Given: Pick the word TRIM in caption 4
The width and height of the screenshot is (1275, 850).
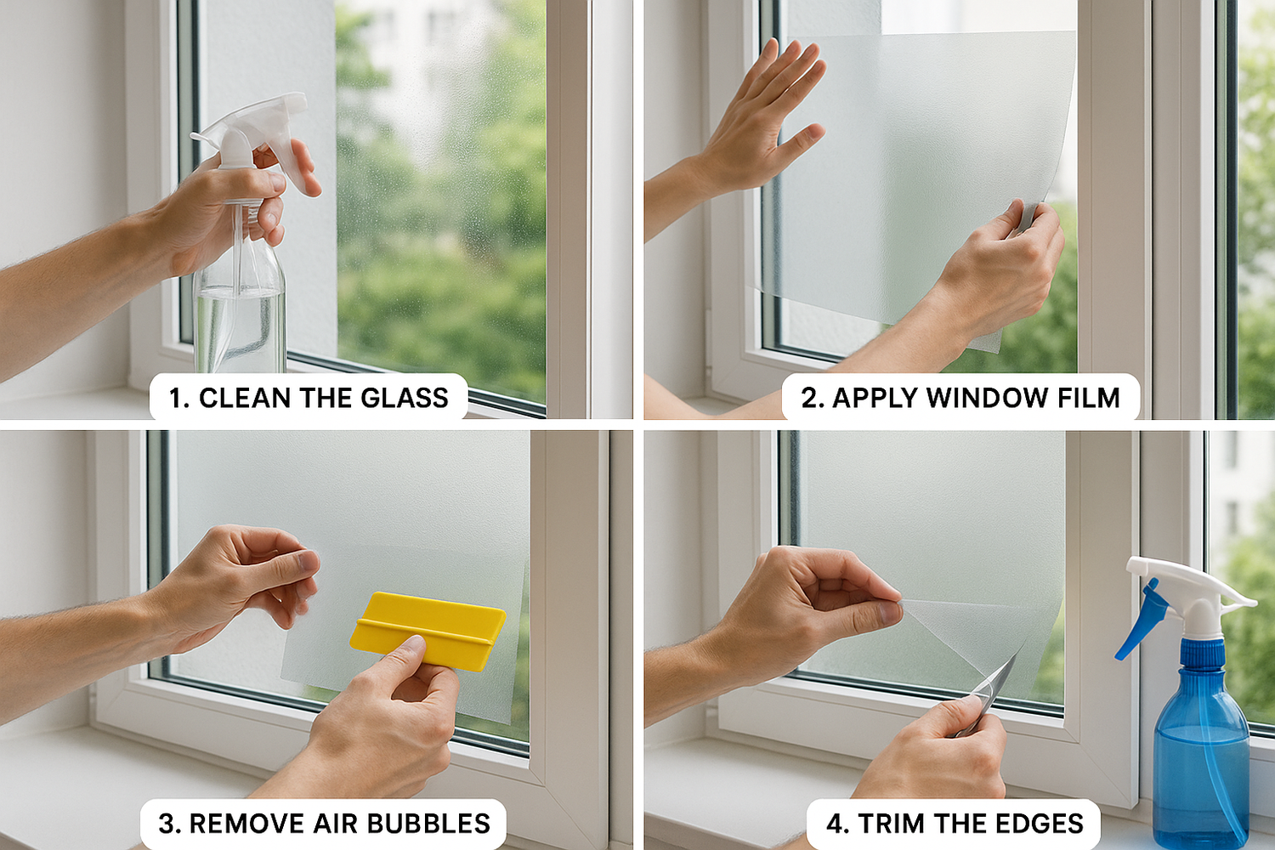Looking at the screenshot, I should point(891,824).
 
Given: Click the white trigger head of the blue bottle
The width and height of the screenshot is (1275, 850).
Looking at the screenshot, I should point(1190,586).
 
